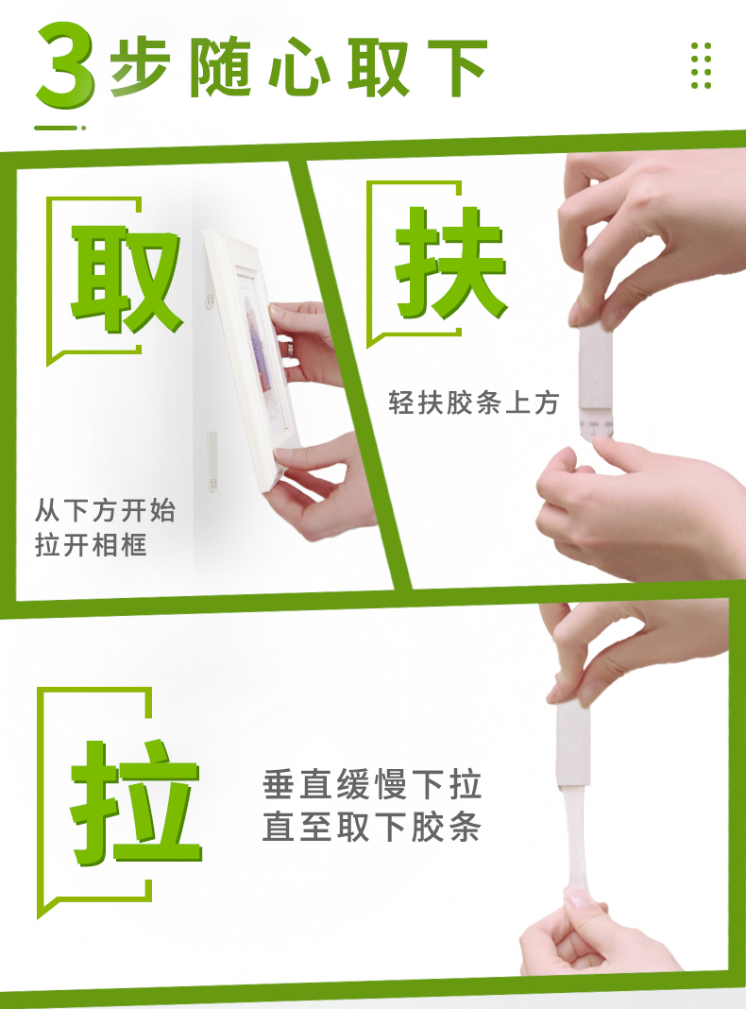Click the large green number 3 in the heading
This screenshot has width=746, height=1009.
tap(65, 64)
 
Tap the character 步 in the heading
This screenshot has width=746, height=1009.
tap(140, 67)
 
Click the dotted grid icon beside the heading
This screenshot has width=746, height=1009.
tap(701, 65)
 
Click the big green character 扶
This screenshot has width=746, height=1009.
tap(450, 264)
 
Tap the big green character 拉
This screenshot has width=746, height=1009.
tap(135, 802)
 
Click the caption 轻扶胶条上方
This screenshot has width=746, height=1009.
tap(473, 402)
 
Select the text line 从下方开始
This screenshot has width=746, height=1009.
tap(105, 511)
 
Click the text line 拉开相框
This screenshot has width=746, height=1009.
tap(91, 544)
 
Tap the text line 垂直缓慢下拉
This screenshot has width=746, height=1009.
tap(372, 784)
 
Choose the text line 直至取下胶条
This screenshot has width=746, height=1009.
tap(372, 827)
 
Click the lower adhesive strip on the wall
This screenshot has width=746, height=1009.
tap(212, 462)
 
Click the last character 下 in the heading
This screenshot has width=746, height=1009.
tap(457, 68)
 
